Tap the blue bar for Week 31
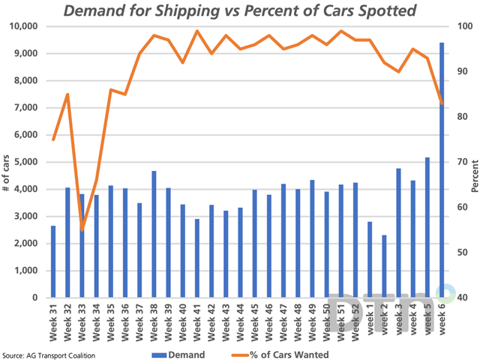tap(53, 262)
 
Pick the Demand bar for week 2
tap(384, 266)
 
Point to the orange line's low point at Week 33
tap(82, 229)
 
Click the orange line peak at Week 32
tap(67, 94)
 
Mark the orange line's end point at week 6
tap(441, 103)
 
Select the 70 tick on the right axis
tap(459, 162)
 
